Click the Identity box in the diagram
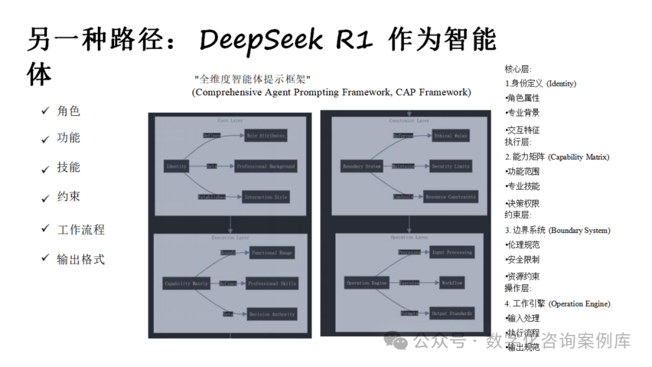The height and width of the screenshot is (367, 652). pos(176,166)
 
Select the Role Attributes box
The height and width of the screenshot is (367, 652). pos(266,136)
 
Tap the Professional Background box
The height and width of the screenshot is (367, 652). pos(266,166)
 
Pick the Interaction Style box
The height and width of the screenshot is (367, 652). pos(266,197)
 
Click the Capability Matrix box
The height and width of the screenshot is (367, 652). pos(186,283)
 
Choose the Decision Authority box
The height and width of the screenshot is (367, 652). pos(272,314)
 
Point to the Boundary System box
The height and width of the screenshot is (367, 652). pos(362,166)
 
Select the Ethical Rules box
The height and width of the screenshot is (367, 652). pos(451,136)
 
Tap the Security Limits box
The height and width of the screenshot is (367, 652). pos(450,166)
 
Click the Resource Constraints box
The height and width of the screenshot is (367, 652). pos(450,197)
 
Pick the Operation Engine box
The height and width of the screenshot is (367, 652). pos(366,282)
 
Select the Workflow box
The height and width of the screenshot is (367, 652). pos(452,282)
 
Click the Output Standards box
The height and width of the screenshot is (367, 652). pos(452,313)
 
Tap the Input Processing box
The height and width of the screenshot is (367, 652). pos(452,252)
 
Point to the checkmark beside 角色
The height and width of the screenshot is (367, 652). pos(45,110)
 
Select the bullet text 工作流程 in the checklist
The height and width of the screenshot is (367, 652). pos(81,230)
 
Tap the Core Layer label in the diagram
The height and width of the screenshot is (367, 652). pos(230,121)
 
